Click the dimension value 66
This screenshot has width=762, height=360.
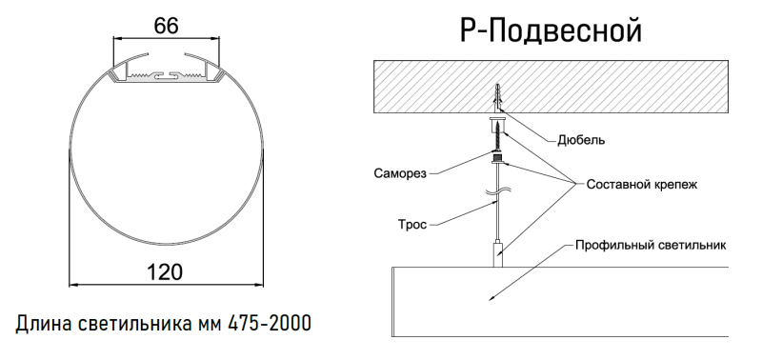pos(166,25)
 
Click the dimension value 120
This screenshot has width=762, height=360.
pos(166,270)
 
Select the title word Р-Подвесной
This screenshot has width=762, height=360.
pos(550,31)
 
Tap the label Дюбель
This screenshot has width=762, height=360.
pos(581,140)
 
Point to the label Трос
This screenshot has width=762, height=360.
pos(412,225)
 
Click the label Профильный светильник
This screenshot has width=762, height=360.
pos(651,245)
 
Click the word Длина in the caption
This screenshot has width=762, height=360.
pos(44,324)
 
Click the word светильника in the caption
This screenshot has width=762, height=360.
pos(135,324)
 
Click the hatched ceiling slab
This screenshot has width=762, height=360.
pos(429,86)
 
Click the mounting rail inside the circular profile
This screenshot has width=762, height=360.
pos(167,72)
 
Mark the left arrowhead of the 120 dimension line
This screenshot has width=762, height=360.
pos(71,284)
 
